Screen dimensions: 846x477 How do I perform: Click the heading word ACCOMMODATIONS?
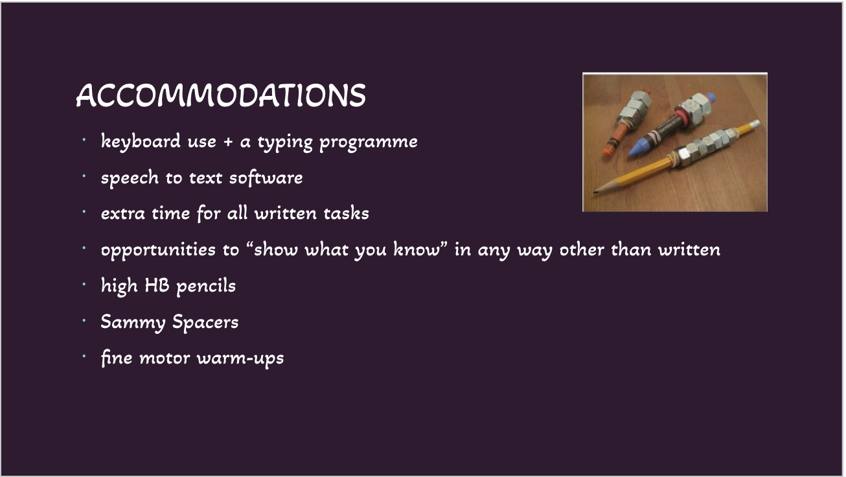pos(221,95)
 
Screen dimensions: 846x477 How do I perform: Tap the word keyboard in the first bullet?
pos(141,142)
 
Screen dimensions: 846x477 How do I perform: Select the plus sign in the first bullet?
pos(228,142)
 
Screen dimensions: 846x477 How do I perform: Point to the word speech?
pos(130,178)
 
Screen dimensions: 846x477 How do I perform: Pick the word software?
pos(266,178)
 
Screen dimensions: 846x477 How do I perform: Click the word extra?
pos(122,214)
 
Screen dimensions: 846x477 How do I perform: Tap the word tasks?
pos(346,213)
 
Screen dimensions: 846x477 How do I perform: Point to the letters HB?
pos(157,285)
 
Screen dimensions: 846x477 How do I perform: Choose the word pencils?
pos(206,286)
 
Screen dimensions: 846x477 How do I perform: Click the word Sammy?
pos(133,322)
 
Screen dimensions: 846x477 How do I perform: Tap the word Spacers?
pos(205,322)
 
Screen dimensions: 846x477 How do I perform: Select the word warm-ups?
pos(240,358)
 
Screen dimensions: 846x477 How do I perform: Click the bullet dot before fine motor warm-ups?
pos(84,356)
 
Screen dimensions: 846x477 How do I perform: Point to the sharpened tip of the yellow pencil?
pos(595,192)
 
